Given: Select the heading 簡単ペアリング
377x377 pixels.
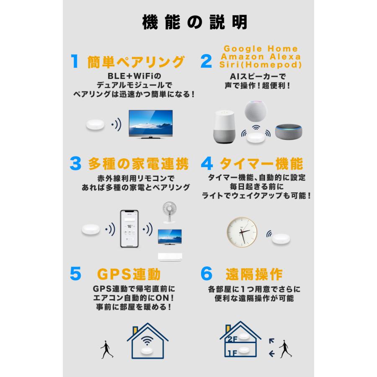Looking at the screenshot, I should click(x=135, y=62).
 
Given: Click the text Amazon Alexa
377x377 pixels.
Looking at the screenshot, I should click(x=261, y=57).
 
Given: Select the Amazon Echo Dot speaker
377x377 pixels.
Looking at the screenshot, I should click(x=288, y=131).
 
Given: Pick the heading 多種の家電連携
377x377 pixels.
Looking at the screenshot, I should click(x=139, y=164).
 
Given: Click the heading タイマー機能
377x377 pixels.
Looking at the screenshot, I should click(x=261, y=164).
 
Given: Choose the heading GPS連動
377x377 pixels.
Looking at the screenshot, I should click(x=129, y=274).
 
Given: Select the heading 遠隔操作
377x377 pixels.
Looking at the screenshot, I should click(x=253, y=274).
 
